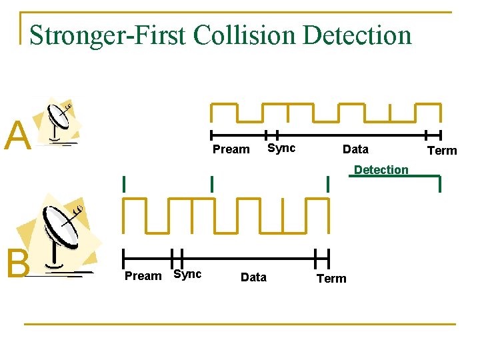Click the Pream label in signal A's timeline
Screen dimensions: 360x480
coord(231,149)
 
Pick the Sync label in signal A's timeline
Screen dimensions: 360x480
coord(281,148)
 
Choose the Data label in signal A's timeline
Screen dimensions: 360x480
coord(355,149)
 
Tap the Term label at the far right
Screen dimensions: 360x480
coord(442,151)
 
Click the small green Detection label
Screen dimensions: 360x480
coord(381,170)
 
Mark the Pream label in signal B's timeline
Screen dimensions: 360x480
coord(143,276)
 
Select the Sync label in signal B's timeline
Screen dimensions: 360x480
coord(187,275)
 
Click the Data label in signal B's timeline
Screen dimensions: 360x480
coord(253,277)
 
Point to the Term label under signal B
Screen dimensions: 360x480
coord(331,279)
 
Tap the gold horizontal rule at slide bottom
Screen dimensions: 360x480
coord(240,325)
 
